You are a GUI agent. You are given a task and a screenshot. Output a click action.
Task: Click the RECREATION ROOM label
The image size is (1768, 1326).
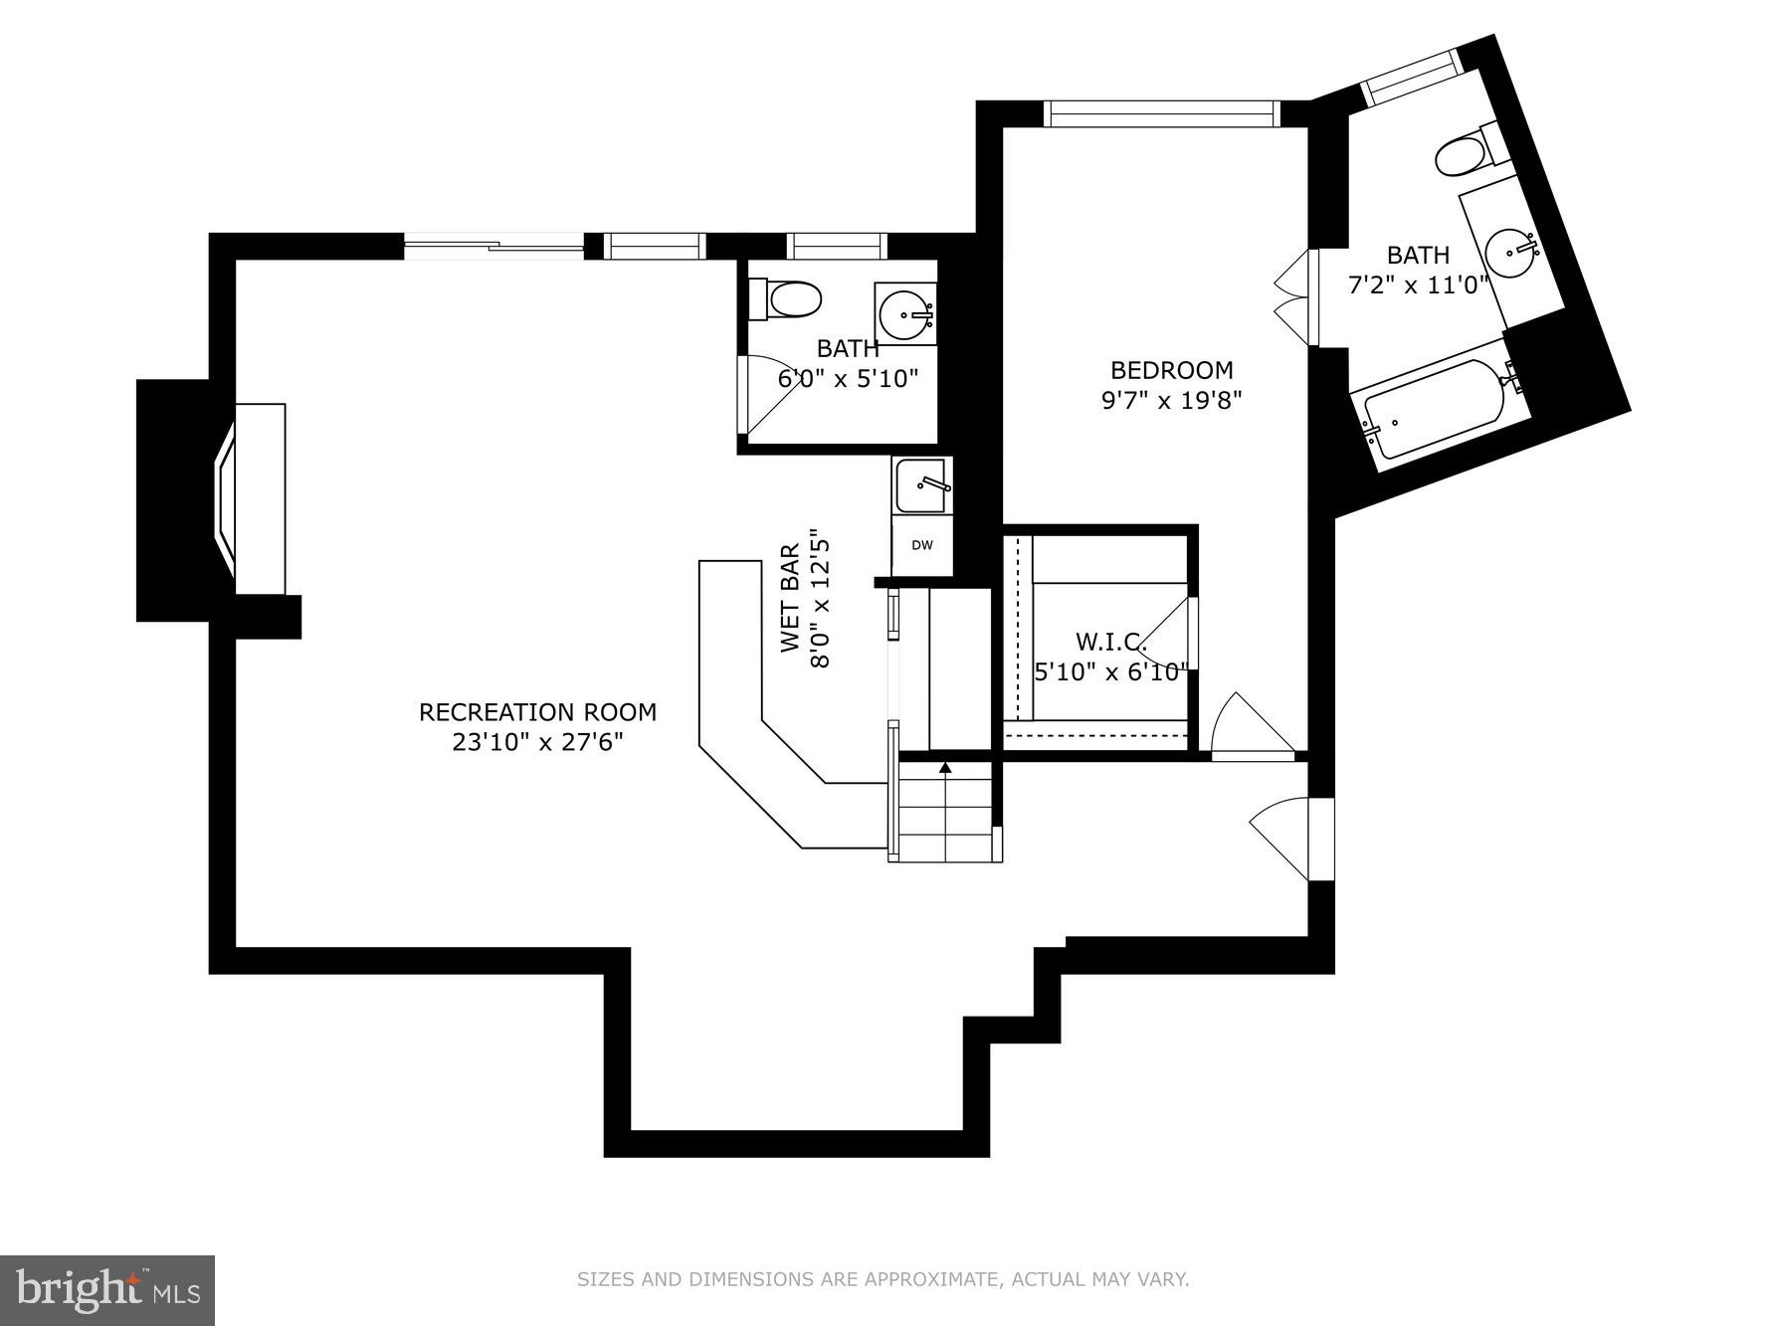(537, 712)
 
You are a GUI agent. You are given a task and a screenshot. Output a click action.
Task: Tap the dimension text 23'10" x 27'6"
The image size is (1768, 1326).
(537, 742)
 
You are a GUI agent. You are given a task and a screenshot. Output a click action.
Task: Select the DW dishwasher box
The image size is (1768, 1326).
(922, 545)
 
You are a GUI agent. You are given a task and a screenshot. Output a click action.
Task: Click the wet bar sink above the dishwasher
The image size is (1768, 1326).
(920, 485)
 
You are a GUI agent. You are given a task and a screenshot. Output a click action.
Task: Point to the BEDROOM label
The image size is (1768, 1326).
(1171, 370)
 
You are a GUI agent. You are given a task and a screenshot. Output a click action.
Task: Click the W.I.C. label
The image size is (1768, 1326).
(1110, 642)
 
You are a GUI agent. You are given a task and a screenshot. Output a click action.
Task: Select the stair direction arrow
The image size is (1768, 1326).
(945, 768)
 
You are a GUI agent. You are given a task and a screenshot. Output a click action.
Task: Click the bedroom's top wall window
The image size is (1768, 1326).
(1160, 114)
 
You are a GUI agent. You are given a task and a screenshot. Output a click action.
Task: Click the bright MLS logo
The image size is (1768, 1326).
(107, 1290)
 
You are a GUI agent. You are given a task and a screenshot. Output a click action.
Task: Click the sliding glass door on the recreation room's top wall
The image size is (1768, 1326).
(494, 246)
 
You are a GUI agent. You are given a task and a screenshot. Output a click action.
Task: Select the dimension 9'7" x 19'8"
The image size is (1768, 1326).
(1171, 400)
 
